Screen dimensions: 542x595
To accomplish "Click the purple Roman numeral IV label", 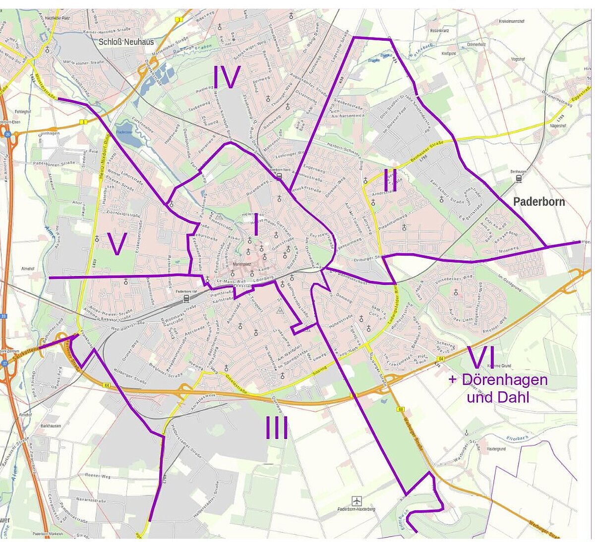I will pyautogui.click(x=227, y=77).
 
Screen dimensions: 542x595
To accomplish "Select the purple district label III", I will pyautogui.click(x=276, y=428).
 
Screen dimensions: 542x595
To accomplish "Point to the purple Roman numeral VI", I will pyautogui.click(x=481, y=357).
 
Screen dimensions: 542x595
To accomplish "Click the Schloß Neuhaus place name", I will pyautogui.click(x=126, y=42).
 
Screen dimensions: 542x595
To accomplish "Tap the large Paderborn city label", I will pyautogui.click(x=538, y=202).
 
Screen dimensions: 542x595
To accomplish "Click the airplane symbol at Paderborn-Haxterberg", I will pyautogui.click(x=356, y=500).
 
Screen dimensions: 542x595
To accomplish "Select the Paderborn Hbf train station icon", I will pyautogui.click(x=186, y=299).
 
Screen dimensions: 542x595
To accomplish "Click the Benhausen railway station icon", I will pyautogui.click(x=519, y=178).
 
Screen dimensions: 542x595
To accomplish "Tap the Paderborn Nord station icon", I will pyautogui.click(x=279, y=176).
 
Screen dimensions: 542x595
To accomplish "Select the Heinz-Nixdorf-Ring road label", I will pyautogui.click(x=104, y=163).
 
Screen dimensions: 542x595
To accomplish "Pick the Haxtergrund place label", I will pyautogui.click(x=496, y=448).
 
